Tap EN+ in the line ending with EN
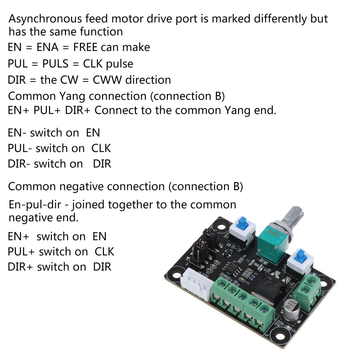tap(18, 236)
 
